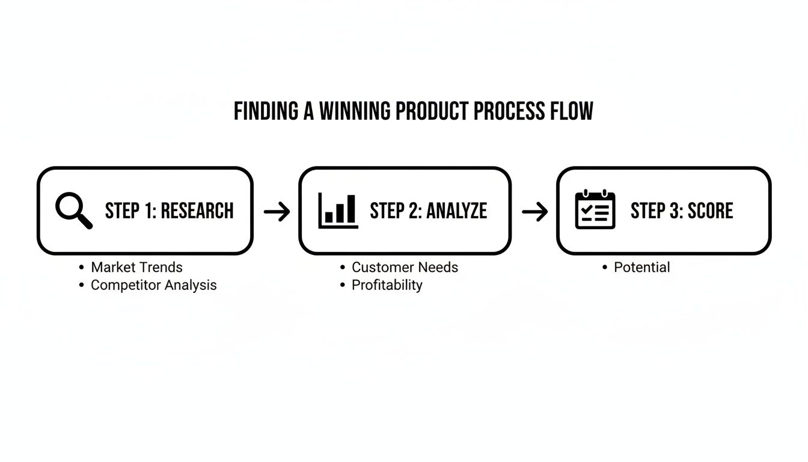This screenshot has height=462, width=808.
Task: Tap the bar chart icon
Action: (x=338, y=211)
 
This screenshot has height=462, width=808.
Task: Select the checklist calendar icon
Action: (x=595, y=210)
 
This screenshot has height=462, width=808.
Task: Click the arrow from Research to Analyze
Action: (x=277, y=211)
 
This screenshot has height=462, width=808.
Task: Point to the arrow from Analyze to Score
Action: (x=534, y=211)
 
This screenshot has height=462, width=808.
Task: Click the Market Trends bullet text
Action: (x=136, y=267)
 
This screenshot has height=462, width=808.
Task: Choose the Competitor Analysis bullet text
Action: (x=153, y=285)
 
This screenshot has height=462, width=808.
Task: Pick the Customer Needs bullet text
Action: (x=405, y=267)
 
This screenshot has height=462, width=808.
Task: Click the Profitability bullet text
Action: (x=387, y=285)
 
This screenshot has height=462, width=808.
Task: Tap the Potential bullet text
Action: (x=641, y=267)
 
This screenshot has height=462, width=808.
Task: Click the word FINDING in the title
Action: (x=265, y=112)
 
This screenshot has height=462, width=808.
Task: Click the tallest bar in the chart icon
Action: (x=350, y=209)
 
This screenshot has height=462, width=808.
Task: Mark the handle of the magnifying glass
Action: (x=85, y=222)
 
